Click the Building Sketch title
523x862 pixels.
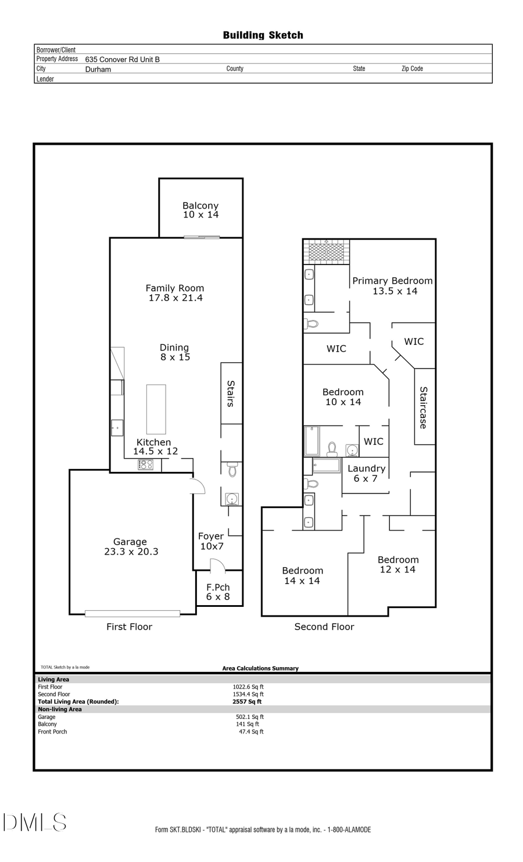(263, 35)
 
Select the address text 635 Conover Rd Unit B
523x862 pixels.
(122, 59)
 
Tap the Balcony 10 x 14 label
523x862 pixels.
(200, 210)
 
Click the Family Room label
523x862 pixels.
(175, 292)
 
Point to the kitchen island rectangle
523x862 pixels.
(156, 409)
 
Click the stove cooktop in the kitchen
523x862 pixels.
(145, 464)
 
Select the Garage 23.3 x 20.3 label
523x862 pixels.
(131, 546)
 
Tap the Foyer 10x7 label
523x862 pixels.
(211, 541)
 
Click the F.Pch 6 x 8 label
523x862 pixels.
(218, 592)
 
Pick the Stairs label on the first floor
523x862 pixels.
(231, 394)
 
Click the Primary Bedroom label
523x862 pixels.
(393, 285)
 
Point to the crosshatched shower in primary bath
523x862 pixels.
(326, 252)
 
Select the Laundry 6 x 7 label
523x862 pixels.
(366, 473)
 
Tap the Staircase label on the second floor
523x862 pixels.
(424, 407)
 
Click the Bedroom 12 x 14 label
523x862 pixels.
(398, 564)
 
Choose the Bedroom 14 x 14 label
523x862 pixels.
(302, 575)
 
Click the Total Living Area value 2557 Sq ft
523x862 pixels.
(247, 702)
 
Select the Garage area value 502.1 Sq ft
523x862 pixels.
(249, 717)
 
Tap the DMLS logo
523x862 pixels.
(35, 822)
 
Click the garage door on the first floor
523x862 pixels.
(132, 613)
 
